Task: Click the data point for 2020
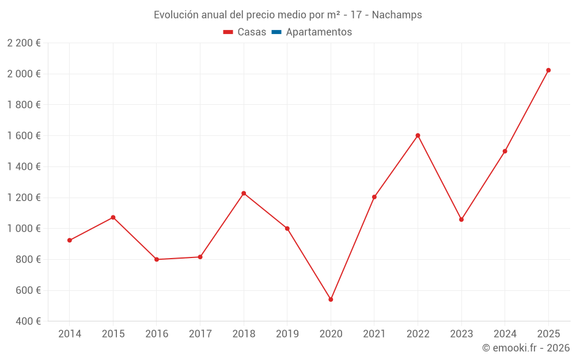click(x=331, y=300)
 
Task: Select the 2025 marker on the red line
click(x=548, y=70)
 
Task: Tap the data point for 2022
click(x=418, y=135)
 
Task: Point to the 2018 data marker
click(x=244, y=193)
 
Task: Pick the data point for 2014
click(x=70, y=240)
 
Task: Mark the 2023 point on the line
click(x=461, y=219)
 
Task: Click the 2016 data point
click(x=157, y=259)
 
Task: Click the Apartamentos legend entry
click(x=319, y=32)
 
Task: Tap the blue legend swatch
click(x=276, y=32)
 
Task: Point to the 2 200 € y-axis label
click(x=24, y=43)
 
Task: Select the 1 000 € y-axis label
click(x=24, y=229)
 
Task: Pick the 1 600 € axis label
click(x=24, y=136)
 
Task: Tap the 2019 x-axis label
click(x=287, y=334)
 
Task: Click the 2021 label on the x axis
click(x=374, y=334)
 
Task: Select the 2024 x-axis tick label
click(x=505, y=334)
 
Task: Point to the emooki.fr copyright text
click(x=526, y=348)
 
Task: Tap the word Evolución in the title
click(x=175, y=15)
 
